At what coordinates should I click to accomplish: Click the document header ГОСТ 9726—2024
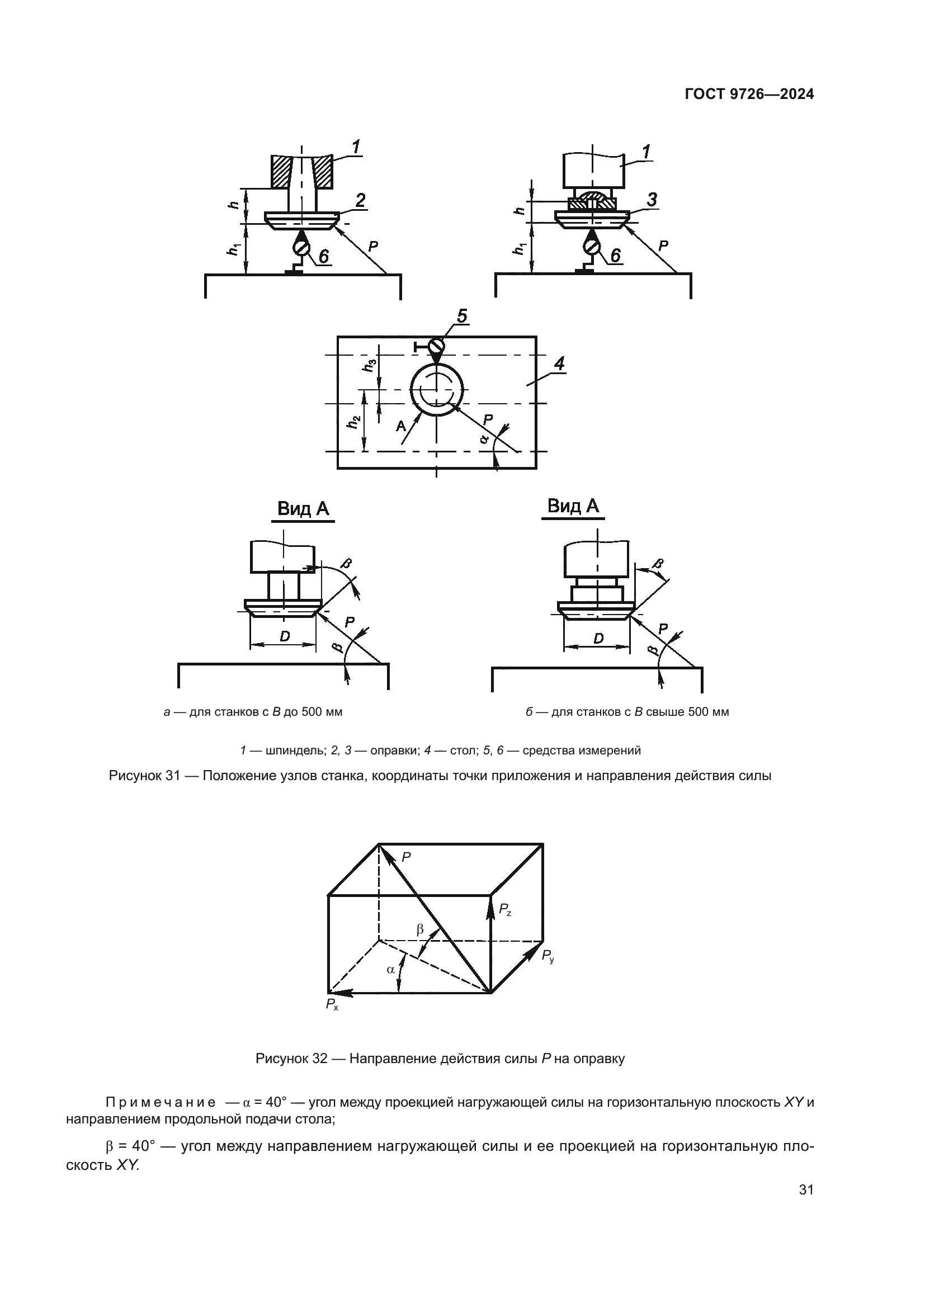pos(749,95)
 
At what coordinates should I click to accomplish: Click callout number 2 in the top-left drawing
pos(360,200)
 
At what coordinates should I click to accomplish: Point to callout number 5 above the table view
pos(462,315)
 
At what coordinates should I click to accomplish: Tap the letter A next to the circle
pos(402,426)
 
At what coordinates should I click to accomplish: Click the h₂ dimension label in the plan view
pos(353,422)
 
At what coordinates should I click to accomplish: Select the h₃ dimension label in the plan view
pos(371,365)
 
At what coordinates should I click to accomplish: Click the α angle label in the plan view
pos(484,438)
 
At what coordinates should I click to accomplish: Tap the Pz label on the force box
pos(505,910)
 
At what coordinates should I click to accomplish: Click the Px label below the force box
pos(332,1004)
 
